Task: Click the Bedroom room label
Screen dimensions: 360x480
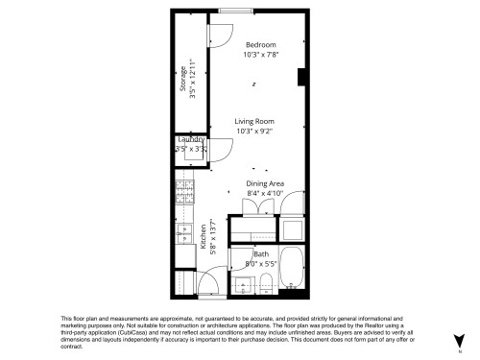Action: (x=260, y=45)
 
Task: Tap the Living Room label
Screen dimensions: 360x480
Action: (x=254, y=121)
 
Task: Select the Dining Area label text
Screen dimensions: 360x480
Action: (x=265, y=183)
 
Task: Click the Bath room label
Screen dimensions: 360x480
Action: (x=260, y=253)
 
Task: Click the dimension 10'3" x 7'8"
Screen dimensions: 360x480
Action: (x=260, y=55)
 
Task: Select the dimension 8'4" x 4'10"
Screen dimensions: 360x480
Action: (x=265, y=193)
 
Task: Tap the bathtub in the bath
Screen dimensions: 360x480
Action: (x=292, y=269)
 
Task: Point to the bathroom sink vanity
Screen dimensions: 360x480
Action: (x=244, y=282)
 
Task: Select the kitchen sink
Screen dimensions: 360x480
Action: (x=180, y=232)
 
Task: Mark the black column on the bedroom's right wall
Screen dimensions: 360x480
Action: (x=302, y=78)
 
